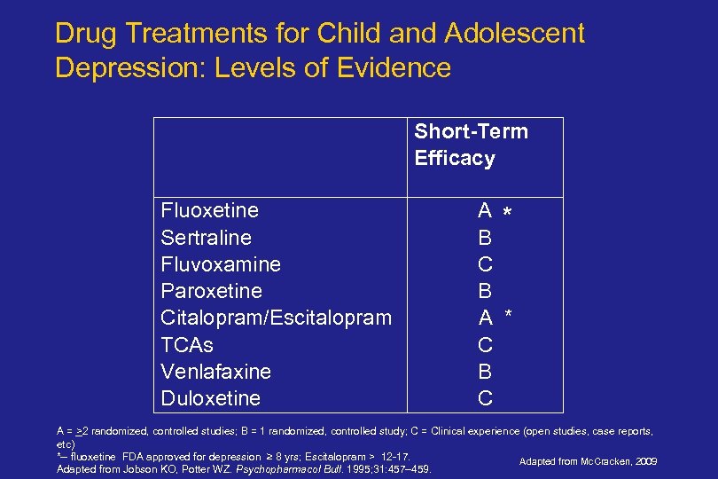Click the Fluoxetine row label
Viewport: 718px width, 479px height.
tap(210, 211)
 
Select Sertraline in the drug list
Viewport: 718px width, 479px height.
tap(206, 238)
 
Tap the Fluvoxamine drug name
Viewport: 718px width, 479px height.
tap(221, 264)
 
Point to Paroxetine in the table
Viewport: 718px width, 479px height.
tap(212, 291)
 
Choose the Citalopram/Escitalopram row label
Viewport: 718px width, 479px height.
tap(276, 318)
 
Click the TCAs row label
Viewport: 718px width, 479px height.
tap(187, 344)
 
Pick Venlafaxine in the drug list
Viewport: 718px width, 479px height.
tap(216, 371)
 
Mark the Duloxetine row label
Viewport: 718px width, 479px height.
tap(211, 398)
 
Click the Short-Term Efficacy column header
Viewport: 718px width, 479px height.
tap(471, 145)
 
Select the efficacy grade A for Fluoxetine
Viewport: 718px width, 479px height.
tap(485, 211)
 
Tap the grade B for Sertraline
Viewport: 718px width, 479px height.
tap(485, 238)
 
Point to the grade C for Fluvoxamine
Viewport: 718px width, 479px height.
tap(485, 264)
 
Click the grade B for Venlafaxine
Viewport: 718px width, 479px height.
tap(485, 371)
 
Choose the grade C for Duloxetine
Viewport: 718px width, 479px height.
tap(485, 398)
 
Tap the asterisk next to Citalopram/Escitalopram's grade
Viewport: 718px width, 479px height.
tap(509, 315)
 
